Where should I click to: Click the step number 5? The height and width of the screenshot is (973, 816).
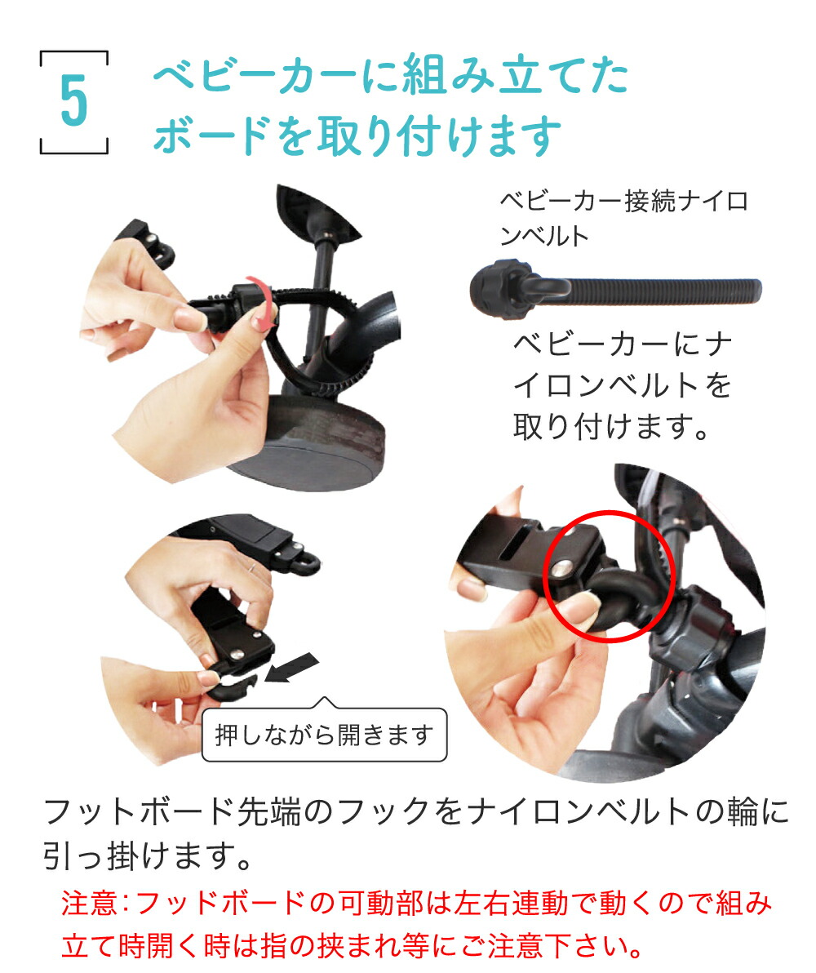point(73,103)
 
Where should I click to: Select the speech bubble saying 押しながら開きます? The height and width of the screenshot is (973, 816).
point(324,736)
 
